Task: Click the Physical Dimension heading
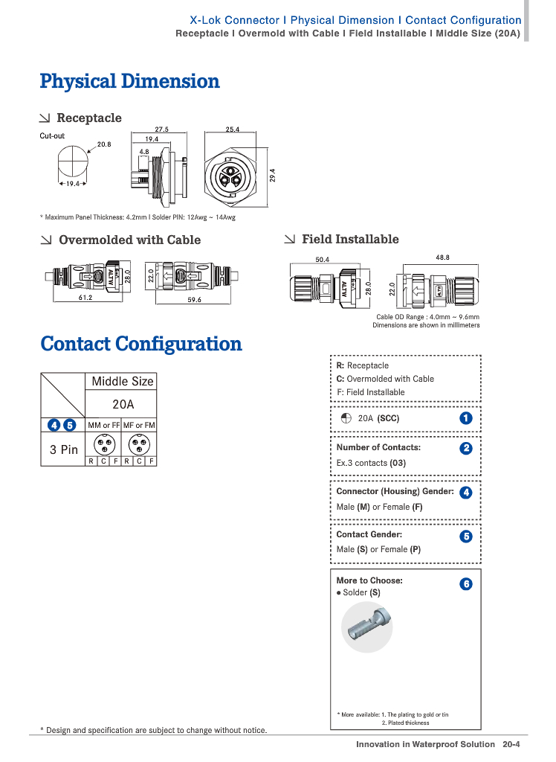click(129, 81)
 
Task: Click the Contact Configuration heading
click(141, 344)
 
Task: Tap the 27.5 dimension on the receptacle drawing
click(162, 129)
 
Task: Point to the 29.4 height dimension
click(273, 175)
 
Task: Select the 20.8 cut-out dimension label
click(104, 144)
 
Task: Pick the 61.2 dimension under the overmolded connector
click(85, 298)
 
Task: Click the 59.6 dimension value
click(195, 300)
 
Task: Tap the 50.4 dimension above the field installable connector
click(322, 260)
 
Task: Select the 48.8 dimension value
click(442, 257)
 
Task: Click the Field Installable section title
click(350, 239)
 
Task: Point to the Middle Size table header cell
click(123, 381)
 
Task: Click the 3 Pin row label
click(64, 449)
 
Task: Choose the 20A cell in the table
click(123, 405)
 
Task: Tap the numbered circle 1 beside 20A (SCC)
click(466, 418)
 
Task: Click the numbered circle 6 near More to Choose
click(466, 584)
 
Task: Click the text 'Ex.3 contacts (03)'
click(371, 463)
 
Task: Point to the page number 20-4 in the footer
click(511, 744)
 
